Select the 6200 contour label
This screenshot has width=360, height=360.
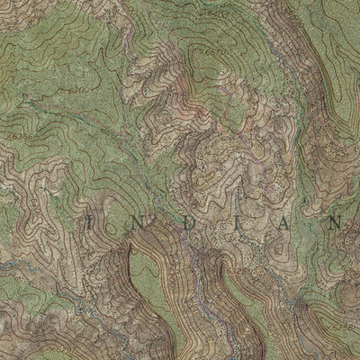pos(79,91)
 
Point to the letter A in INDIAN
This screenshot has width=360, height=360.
pos(287,221)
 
